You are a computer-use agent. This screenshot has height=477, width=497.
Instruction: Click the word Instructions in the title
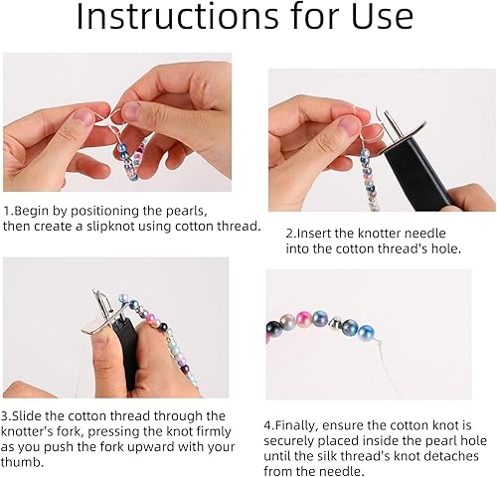click(177, 16)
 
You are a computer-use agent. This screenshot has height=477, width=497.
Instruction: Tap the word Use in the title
click(382, 16)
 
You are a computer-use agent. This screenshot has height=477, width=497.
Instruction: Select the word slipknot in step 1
click(111, 227)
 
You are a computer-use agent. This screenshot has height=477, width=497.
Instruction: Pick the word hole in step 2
click(444, 248)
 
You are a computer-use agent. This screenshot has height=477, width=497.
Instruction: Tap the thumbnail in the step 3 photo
click(101, 335)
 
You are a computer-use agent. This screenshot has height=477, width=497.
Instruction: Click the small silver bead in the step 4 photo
click(334, 321)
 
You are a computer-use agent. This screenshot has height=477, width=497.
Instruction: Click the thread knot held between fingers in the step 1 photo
click(108, 118)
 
